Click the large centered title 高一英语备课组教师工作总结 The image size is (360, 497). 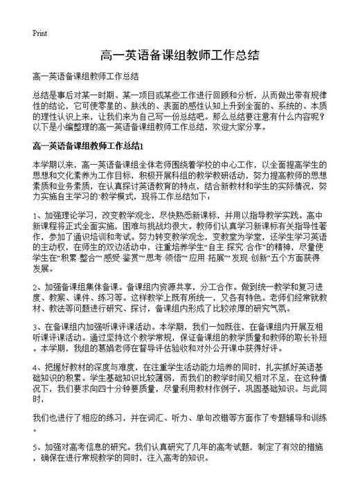(180, 55)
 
